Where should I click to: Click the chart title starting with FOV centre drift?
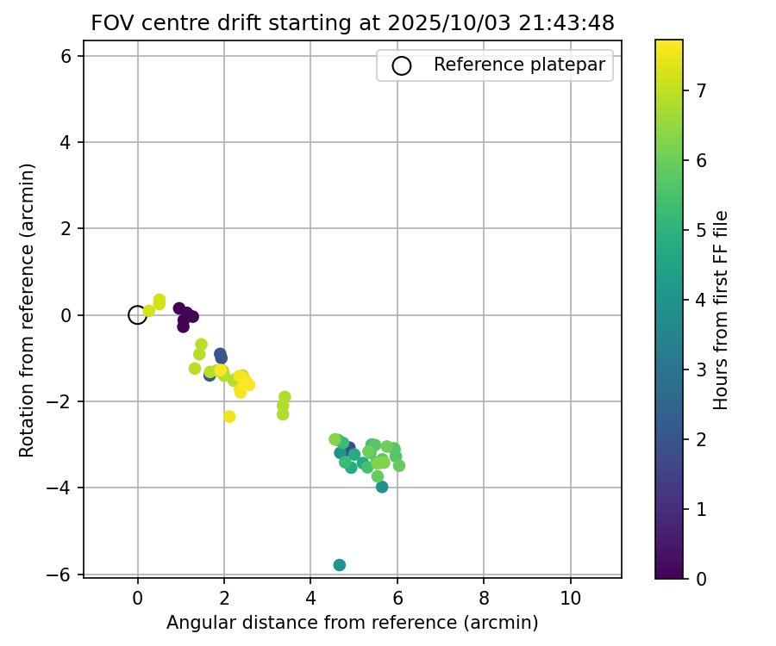353,23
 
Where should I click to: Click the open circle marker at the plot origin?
137,315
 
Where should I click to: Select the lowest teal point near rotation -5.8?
340,565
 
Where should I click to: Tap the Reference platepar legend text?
520,65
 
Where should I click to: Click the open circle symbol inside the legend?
402,65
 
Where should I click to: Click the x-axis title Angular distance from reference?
353,623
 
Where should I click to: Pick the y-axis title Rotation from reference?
28,310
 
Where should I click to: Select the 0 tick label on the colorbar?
700,579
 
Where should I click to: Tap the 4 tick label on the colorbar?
700,299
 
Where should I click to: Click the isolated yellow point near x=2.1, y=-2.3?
229,416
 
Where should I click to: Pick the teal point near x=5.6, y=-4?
382,487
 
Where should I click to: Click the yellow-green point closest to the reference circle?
148,311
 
